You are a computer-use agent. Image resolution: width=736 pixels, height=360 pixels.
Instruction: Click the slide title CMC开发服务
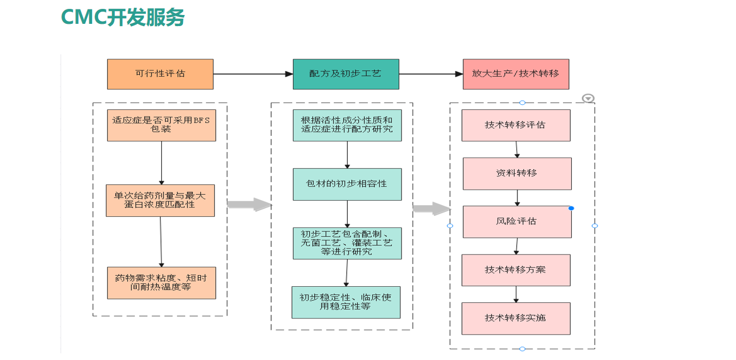(x=122, y=17)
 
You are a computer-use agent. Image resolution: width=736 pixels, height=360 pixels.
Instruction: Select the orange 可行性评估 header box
(x=160, y=74)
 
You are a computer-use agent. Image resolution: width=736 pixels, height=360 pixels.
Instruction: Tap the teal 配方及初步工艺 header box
(x=346, y=74)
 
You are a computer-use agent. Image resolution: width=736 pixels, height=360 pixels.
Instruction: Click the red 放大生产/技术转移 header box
(x=516, y=74)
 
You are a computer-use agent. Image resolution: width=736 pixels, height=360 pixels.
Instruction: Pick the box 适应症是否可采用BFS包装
(x=161, y=125)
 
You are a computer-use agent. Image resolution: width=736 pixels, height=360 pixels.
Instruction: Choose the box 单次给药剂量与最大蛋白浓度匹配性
(x=160, y=200)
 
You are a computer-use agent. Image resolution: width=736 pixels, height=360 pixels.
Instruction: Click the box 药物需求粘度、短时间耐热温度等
(x=161, y=283)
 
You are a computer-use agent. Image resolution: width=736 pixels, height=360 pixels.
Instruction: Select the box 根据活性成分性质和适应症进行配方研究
(x=347, y=125)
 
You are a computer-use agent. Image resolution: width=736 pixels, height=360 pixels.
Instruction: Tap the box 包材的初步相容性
(x=347, y=184)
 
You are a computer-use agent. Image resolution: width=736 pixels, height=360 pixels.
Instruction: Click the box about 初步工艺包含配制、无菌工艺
(x=347, y=243)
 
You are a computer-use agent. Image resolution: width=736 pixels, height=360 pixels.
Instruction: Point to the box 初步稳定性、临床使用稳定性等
(x=346, y=302)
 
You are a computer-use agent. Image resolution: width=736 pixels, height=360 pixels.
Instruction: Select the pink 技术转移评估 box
(x=516, y=125)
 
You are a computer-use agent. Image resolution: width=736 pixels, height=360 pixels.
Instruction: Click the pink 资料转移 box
(x=517, y=174)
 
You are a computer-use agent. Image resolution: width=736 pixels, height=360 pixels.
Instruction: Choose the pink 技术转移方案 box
(x=516, y=270)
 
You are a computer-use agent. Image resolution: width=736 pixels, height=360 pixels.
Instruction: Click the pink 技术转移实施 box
(x=516, y=318)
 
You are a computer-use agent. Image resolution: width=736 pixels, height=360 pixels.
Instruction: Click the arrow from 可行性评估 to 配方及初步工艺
(x=253, y=74)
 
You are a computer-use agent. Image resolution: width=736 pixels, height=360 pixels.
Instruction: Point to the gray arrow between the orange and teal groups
(x=249, y=205)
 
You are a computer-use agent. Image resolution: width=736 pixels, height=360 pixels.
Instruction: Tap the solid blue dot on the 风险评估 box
(x=571, y=209)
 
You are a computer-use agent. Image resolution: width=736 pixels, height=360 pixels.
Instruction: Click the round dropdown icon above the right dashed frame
(x=588, y=98)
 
